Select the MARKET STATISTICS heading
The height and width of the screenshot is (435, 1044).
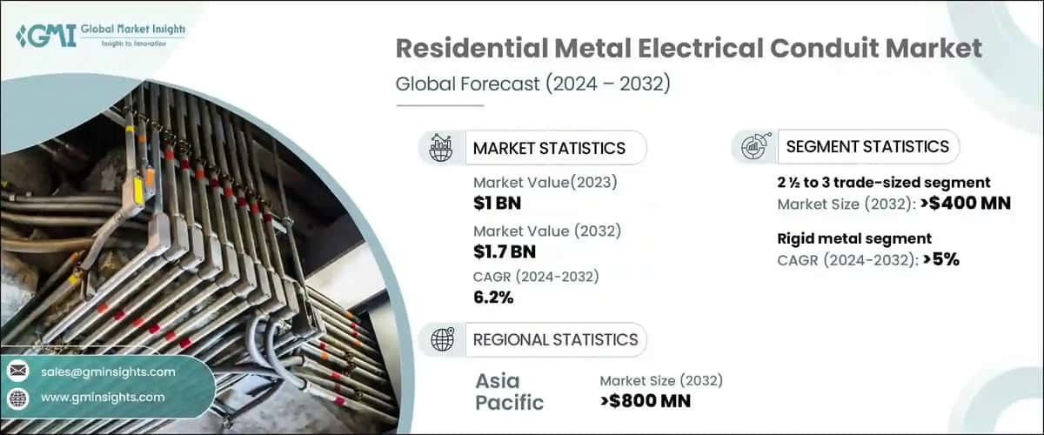[x=549, y=148]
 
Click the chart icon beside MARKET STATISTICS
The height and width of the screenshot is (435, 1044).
[x=441, y=148]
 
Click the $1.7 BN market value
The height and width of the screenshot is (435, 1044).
[x=505, y=252]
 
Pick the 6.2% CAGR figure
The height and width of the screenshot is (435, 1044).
[x=493, y=298]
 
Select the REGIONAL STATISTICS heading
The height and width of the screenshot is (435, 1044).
[x=555, y=339]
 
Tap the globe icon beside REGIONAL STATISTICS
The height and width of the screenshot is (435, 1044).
[x=442, y=340]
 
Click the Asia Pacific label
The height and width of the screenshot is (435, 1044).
[x=510, y=391]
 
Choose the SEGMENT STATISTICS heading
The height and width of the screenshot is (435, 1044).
[x=867, y=146]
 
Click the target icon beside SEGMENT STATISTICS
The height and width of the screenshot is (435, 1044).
[x=753, y=147]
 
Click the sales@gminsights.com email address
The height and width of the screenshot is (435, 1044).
[x=108, y=371]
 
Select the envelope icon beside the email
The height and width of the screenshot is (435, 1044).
[x=17, y=371]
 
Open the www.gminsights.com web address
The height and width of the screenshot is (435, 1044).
[x=103, y=398]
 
